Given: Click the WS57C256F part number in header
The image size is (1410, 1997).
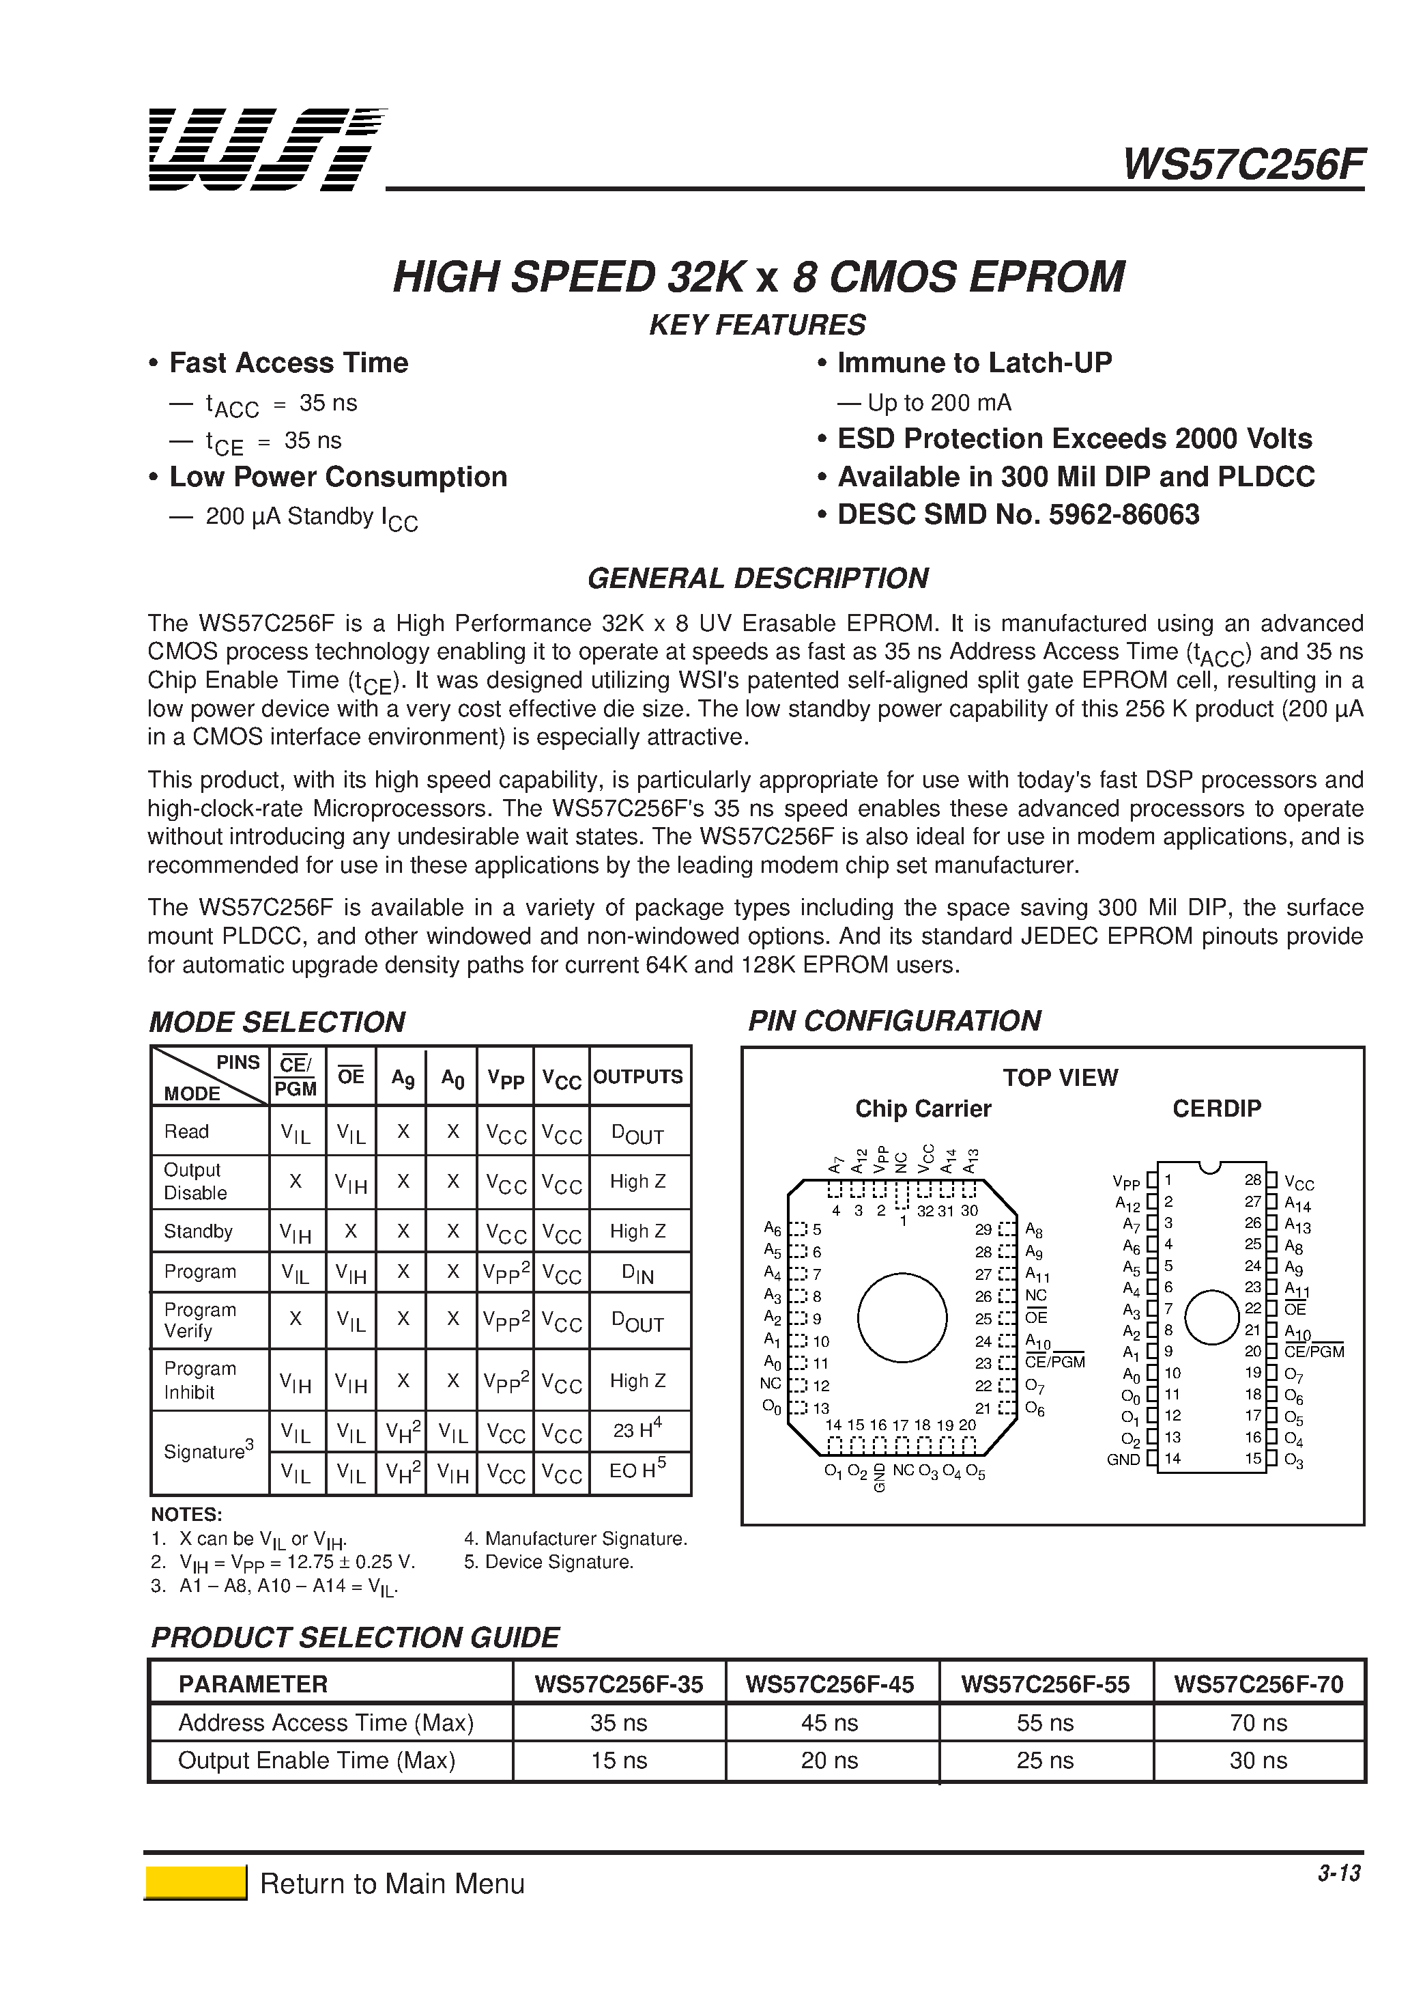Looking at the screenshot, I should coord(1242,165).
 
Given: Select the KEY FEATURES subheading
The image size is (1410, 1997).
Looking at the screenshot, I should coord(757,325).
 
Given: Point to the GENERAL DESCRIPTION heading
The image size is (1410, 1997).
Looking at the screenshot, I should coord(757,578).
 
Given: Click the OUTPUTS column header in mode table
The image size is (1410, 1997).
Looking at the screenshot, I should coord(638,1077).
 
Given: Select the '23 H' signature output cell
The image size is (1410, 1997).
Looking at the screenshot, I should coord(638,1430).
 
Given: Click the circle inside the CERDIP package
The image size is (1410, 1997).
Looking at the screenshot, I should coord(1211,1317).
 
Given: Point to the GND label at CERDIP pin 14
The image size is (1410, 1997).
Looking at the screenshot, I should coord(1123,1460).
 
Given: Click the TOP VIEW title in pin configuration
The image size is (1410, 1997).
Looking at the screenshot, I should coord(1060,1078).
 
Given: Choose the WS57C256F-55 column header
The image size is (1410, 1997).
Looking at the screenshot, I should coord(1045,1685).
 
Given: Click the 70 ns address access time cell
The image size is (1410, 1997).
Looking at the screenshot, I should coord(1258,1723).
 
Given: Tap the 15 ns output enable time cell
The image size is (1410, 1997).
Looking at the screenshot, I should coord(619,1761).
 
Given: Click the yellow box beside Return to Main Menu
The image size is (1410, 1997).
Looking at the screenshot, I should coord(196,1883).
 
